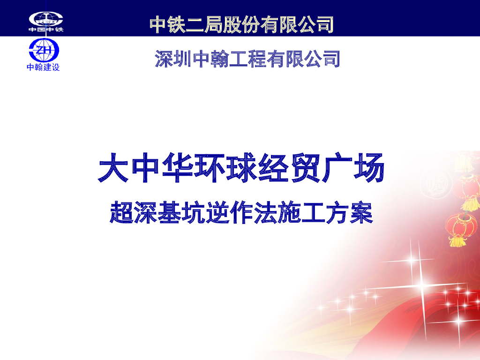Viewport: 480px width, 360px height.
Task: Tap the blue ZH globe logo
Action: (44, 50)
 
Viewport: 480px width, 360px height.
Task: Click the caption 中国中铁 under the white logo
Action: (45, 30)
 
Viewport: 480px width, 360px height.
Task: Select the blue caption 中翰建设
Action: (44, 67)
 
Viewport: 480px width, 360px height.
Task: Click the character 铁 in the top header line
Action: (177, 24)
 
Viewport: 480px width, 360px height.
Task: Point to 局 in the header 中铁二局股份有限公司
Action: (215, 24)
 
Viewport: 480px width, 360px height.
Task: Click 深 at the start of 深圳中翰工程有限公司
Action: (164, 60)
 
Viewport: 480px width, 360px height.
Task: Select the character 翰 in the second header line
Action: (221, 60)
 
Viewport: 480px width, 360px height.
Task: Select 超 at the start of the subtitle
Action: (121, 213)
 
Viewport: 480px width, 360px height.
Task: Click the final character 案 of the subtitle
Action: (361, 213)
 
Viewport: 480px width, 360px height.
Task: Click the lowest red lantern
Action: (457, 227)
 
